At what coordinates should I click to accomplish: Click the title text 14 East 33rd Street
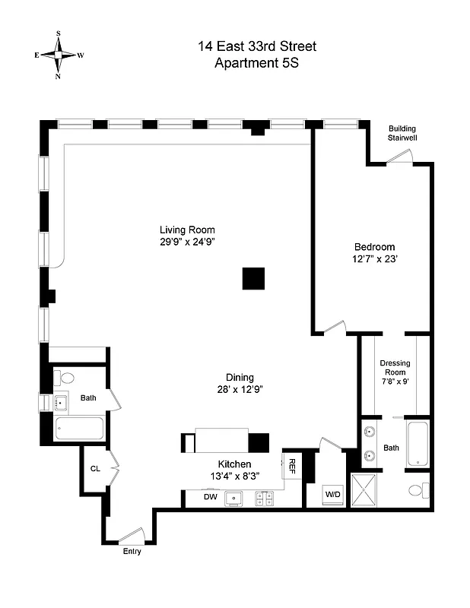pyautogui.click(x=256, y=47)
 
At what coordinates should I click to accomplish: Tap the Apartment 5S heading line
pyautogui.click(x=256, y=64)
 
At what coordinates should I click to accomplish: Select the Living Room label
pyautogui.click(x=187, y=230)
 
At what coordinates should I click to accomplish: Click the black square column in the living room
pyautogui.click(x=254, y=279)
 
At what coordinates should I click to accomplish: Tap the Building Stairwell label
pyautogui.click(x=402, y=134)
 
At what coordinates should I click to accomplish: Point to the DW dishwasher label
pyautogui.click(x=211, y=498)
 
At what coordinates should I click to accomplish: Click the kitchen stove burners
pyautogui.click(x=265, y=499)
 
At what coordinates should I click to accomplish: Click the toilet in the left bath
pyautogui.click(x=66, y=378)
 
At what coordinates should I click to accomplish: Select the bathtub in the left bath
pyautogui.click(x=79, y=429)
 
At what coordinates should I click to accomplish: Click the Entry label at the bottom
pyautogui.click(x=132, y=552)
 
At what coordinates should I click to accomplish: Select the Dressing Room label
pyautogui.click(x=395, y=367)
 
